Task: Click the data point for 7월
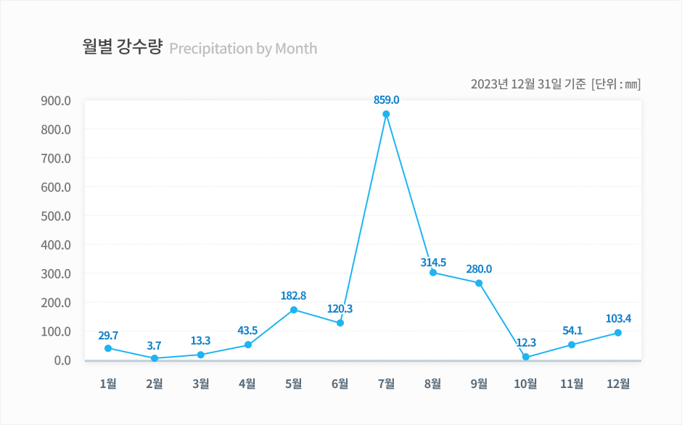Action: (x=386, y=114)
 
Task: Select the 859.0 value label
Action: (x=386, y=99)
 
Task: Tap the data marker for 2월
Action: (x=155, y=358)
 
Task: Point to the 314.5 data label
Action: (x=433, y=263)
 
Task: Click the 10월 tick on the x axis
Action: (x=525, y=384)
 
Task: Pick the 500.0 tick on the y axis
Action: (x=56, y=216)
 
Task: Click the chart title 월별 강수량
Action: (x=122, y=48)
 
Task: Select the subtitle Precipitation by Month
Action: (x=243, y=49)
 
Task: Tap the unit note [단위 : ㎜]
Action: (x=616, y=83)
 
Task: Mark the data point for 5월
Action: (x=294, y=310)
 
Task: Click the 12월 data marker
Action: (x=618, y=333)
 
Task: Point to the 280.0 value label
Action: (x=479, y=269)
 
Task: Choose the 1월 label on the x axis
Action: (x=108, y=384)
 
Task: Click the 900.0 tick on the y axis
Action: (x=56, y=101)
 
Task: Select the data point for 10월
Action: (x=525, y=357)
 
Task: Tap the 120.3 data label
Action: (x=340, y=309)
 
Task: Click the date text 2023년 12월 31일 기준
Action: (x=527, y=83)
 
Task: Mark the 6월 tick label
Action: (x=340, y=384)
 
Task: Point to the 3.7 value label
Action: (x=155, y=346)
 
